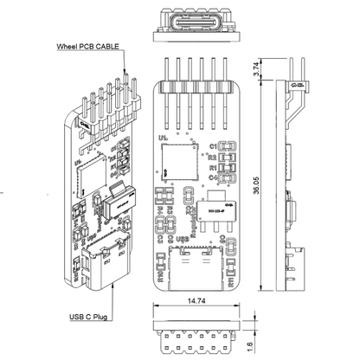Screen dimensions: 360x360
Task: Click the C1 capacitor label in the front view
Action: [213, 146]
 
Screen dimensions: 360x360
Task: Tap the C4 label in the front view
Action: [213, 177]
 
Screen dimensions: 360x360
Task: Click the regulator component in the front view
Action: [215, 209]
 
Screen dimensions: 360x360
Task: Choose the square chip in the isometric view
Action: [88, 174]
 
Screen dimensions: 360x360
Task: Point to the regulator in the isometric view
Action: [115, 204]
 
